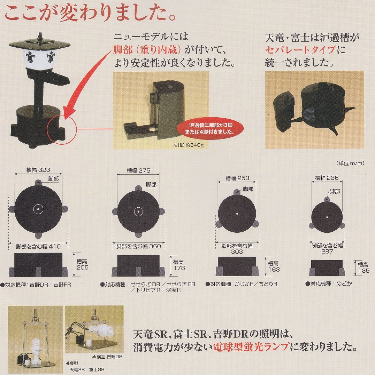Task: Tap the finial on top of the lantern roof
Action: coord(40,37)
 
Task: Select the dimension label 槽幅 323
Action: coord(38,170)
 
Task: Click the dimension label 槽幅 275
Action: coord(138,170)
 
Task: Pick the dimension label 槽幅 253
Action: coord(237,178)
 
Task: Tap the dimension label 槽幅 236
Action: coord(327,178)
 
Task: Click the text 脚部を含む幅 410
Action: coord(38,246)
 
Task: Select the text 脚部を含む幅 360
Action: coord(139,246)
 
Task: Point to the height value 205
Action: coord(83,268)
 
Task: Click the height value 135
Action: coord(363,271)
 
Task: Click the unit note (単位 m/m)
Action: coord(350,163)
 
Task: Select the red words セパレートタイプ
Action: coord(300,50)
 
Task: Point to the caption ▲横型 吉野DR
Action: coord(107,357)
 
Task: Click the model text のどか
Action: coord(344,284)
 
